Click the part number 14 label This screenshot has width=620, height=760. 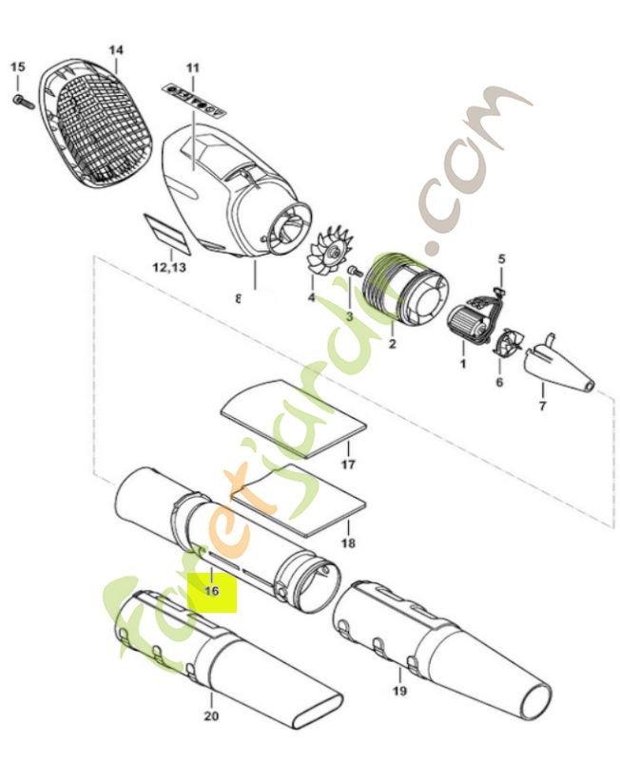coord(116,49)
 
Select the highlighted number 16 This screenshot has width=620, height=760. coord(211,590)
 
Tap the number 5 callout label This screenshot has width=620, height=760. coord(502,257)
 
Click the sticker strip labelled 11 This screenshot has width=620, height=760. coord(193,95)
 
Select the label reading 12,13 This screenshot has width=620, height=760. coord(168,267)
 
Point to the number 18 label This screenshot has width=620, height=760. coord(348,543)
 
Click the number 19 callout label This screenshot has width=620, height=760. coord(399,692)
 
